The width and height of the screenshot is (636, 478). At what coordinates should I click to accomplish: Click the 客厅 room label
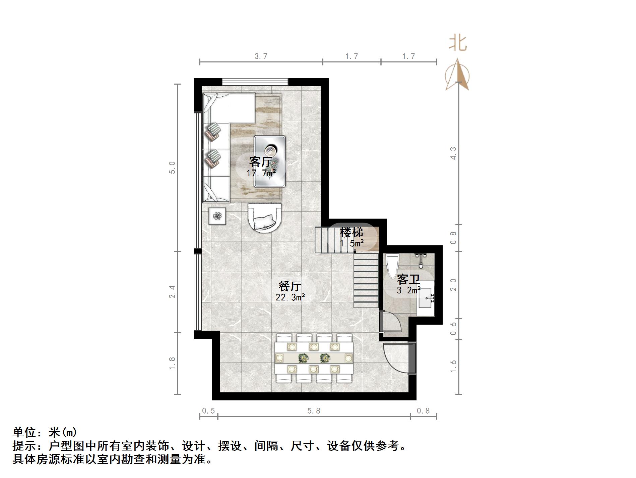(x=260, y=162)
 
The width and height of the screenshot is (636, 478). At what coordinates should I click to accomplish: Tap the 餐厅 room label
(x=290, y=286)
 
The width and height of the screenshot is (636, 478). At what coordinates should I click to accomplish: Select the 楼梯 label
(x=351, y=232)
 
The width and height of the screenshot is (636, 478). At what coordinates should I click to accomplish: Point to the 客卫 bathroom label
(x=408, y=279)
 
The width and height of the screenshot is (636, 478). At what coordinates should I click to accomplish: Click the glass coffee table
(x=270, y=161)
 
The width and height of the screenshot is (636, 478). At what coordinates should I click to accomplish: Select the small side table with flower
(x=217, y=216)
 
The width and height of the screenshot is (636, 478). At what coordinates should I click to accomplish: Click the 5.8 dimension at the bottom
(x=314, y=411)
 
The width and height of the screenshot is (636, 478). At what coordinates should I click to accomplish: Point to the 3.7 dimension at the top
(x=261, y=56)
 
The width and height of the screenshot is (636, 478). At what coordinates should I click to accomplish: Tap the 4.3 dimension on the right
(x=453, y=153)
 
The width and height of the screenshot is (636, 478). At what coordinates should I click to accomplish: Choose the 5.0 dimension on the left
(x=172, y=168)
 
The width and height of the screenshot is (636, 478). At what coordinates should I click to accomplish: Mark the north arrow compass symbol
(x=457, y=76)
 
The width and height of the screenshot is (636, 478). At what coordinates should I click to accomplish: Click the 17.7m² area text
(x=261, y=173)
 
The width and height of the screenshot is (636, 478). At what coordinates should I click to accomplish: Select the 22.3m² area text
(x=290, y=297)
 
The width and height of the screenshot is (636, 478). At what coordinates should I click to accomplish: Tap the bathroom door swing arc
(x=391, y=322)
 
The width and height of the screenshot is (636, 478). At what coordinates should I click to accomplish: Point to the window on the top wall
(x=255, y=82)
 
